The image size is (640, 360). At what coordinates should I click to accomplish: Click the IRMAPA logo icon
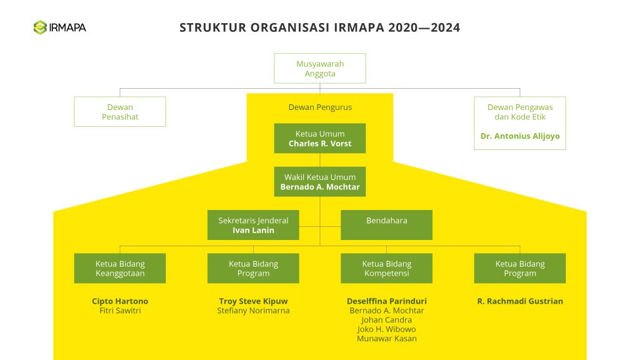(41, 27)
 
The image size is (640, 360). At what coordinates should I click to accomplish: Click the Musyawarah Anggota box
(320, 68)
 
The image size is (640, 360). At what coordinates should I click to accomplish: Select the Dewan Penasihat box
(120, 111)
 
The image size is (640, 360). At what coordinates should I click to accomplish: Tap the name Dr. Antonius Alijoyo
(520, 136)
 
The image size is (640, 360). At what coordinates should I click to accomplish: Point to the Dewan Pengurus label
(320, 107)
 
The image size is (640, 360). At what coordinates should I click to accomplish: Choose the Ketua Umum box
(320, 138)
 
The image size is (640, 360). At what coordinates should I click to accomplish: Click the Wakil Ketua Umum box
(320, 181)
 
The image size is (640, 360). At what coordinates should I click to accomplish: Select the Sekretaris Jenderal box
(253, 225)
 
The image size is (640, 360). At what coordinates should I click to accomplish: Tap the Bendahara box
(386, 225)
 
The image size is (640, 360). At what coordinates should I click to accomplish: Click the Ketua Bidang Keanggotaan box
(120, 268)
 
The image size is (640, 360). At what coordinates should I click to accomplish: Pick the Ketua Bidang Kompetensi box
(386, 268)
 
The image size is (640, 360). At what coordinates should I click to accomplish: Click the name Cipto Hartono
(120, 301)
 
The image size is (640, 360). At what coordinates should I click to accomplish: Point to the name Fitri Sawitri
(120, 311)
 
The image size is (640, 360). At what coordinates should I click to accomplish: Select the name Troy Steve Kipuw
(253, 301)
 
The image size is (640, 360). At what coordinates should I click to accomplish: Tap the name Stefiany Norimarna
(253, 311)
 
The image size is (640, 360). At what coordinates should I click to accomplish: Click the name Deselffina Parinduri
(386, 301)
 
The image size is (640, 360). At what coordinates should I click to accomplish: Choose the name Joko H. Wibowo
(386, 329)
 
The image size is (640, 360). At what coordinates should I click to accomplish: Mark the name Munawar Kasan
(386, 339)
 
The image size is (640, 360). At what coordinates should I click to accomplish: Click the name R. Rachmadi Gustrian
(520, 301)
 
